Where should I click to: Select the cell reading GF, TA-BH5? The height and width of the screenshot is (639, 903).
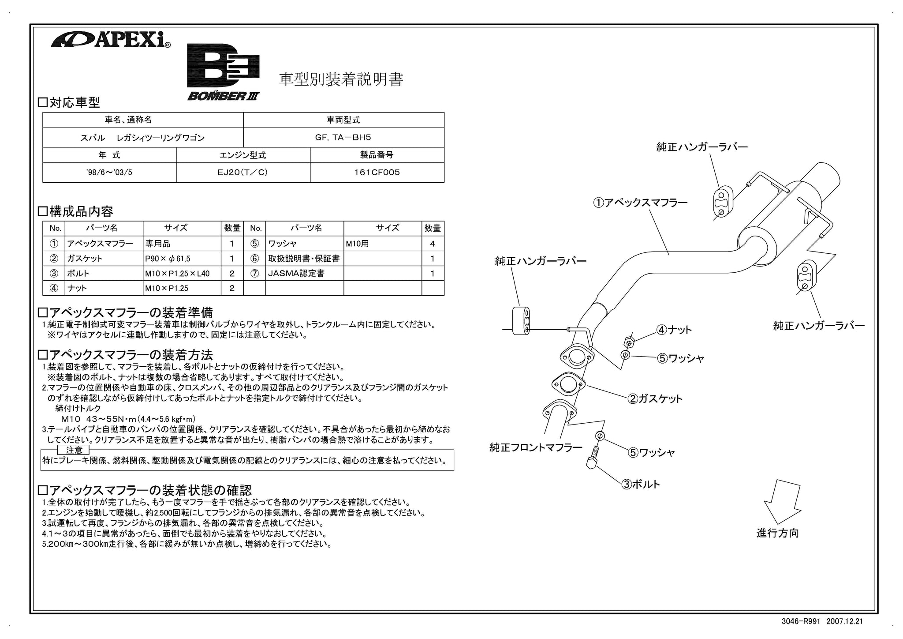pos(343,137)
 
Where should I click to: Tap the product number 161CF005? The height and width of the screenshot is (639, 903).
pos(377,173)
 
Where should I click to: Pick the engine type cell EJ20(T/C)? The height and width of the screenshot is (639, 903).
pos(243,173)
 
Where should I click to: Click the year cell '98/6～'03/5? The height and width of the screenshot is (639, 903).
pos(109,173)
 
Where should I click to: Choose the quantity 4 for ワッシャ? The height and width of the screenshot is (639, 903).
pos(433,244)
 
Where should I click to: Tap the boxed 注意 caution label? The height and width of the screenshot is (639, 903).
pos(74,450)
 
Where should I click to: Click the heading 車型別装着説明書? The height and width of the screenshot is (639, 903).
pos(341,79)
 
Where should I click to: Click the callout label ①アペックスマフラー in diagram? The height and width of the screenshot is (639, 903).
pos(640,203)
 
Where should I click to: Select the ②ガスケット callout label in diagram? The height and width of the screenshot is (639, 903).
pos(655,399)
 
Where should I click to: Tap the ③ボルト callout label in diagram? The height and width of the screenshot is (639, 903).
pos(641,484)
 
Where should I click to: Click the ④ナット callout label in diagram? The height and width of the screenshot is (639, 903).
pos(674,330)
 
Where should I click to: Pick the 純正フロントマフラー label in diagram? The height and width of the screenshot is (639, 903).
pos(536,447)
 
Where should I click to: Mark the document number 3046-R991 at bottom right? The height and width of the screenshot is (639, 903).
pos(801,621)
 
